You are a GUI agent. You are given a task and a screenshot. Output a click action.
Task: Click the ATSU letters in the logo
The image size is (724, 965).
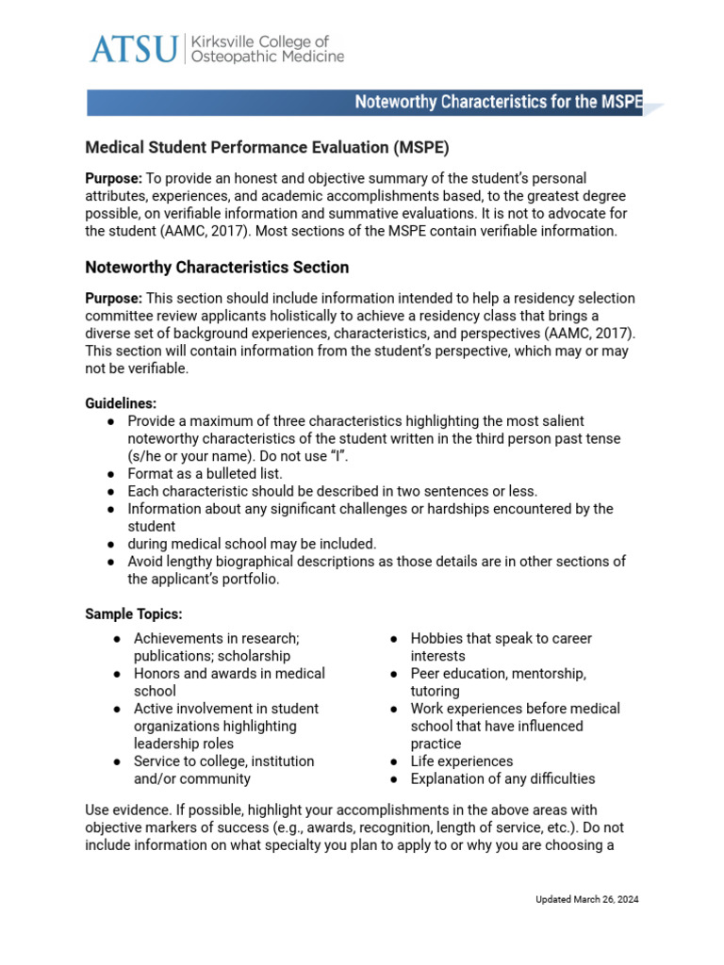[133, 49]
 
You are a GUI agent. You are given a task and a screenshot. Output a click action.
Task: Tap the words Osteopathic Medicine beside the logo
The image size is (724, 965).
[267, 57]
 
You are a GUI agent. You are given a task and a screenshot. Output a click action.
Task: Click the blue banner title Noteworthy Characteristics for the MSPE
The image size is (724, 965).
[498, 103]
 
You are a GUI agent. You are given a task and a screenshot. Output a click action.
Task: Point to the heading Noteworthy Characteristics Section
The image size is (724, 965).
[217, 268]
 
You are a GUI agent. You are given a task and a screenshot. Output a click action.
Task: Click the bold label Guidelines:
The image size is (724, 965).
[121, 403]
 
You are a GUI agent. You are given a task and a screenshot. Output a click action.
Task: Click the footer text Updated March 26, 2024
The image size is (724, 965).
[586, 900]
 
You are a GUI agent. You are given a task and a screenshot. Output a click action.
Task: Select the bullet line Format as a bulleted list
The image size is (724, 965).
[205, 473]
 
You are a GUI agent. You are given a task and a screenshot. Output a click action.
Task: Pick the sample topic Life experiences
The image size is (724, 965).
[462, 761]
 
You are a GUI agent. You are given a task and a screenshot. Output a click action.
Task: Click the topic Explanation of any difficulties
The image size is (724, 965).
[502, 779]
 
